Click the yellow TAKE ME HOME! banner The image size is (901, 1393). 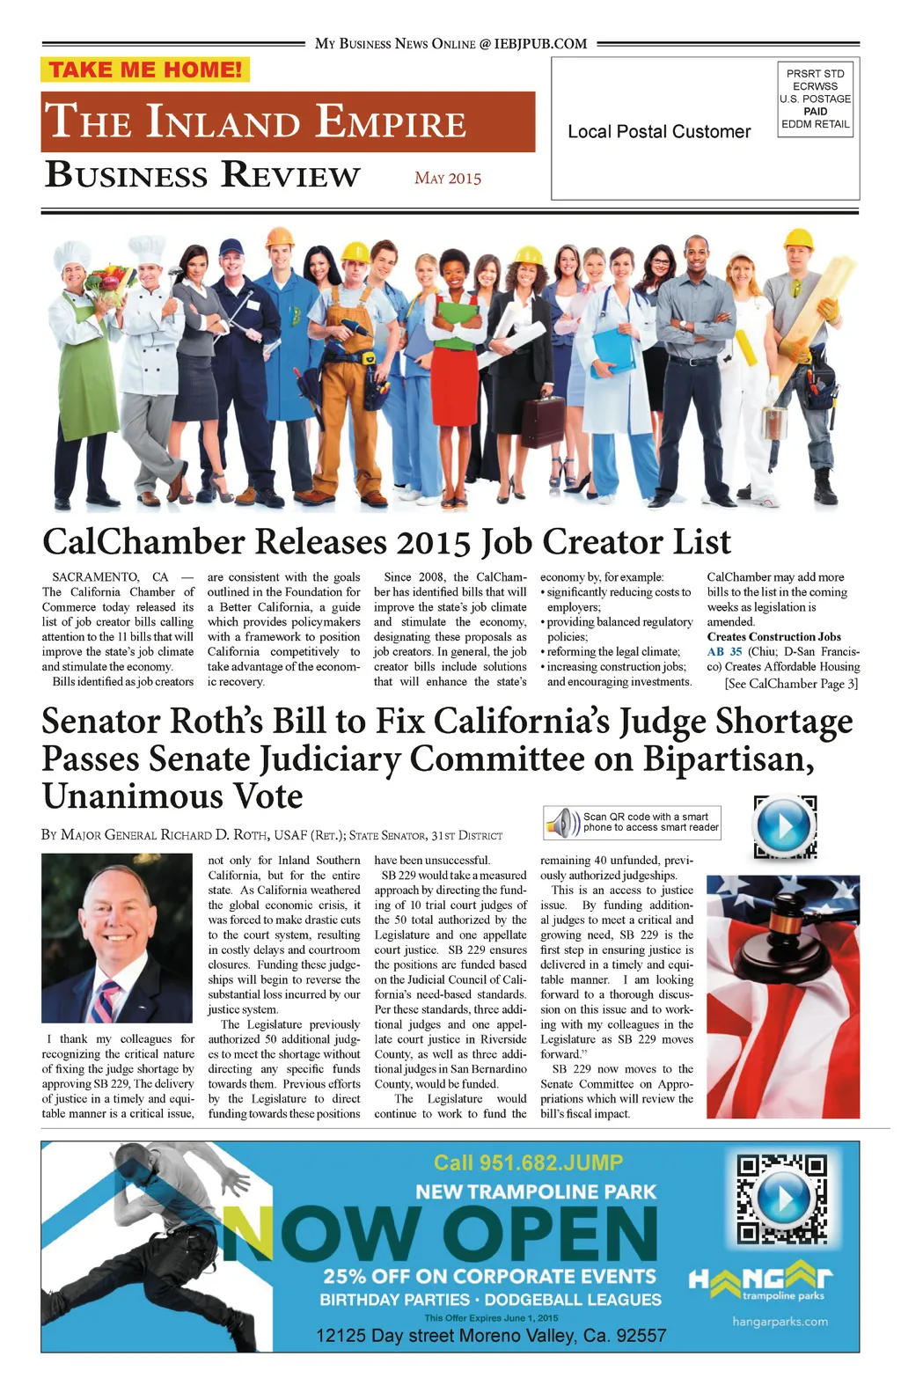145,70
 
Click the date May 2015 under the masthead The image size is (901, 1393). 448,178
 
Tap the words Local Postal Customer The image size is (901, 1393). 659,132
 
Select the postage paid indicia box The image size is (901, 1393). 815,99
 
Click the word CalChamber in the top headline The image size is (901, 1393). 143,542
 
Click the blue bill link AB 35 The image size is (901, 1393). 724,652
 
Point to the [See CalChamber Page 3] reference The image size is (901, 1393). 791,684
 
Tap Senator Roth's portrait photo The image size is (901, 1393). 116,938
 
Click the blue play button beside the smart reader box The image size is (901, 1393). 784,826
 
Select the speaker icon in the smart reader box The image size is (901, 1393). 562,824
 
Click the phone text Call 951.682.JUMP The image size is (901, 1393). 528,1162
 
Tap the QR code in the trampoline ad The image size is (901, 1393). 781,1199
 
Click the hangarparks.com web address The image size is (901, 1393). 780,1321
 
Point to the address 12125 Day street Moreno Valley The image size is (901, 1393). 490,1335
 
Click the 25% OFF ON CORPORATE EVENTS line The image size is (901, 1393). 489,1276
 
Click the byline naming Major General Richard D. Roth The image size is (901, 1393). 272,835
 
